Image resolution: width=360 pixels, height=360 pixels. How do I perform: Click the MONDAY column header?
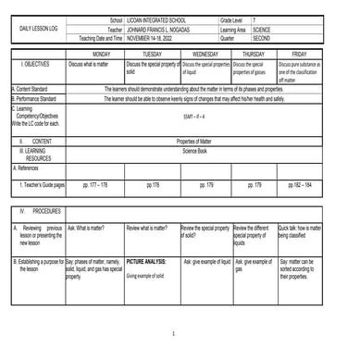click(x=94, y=55)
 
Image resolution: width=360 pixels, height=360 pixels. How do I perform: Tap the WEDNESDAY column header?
click(x=205, y=55)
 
